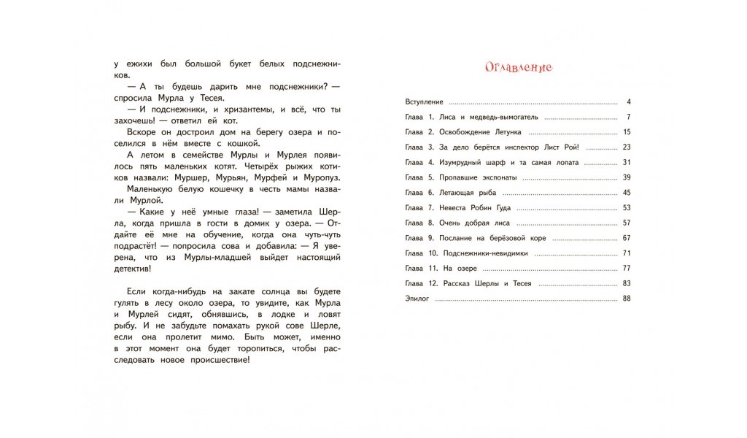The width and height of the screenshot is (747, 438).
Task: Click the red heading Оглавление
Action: point(519,67)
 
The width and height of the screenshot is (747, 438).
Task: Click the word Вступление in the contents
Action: point(424,101)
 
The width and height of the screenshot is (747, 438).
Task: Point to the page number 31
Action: point(626,162)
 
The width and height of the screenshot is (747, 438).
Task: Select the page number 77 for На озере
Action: point(626,268)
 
